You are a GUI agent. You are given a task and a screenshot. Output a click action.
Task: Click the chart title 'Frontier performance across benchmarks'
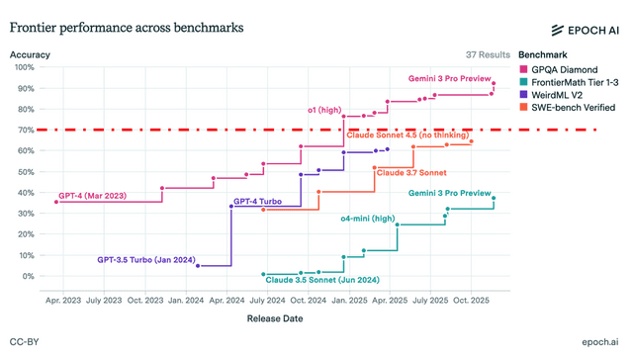pos(127,28)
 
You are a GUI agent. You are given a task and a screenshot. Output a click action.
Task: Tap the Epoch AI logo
pos(585,31)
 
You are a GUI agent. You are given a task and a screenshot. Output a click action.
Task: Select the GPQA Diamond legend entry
pos(559,69)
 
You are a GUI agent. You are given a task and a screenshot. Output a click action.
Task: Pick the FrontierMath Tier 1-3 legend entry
pos(570,82)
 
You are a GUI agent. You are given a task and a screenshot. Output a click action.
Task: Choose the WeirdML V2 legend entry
pos(551,95)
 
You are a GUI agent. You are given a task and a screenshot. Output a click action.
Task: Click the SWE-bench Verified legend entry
pos(568,108)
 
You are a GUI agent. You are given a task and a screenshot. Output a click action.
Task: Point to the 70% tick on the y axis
pos(26,130)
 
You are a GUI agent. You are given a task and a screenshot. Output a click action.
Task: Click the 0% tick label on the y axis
pos(29,276)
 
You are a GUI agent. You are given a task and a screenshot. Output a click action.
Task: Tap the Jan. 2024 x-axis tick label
pos(186,301)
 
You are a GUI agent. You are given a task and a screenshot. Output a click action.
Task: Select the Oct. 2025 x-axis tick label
pos(471,301)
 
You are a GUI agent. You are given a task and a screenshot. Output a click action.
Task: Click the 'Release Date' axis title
pos(275,318)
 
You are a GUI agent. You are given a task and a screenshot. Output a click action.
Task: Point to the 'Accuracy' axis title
pos(30,54)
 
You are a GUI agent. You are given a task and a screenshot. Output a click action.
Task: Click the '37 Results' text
pos(488,54)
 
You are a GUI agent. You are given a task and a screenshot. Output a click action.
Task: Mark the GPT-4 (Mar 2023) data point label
pos(92,196)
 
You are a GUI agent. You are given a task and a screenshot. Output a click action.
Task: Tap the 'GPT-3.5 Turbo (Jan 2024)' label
pos(146,260)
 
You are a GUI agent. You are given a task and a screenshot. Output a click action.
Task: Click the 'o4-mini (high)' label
pos(368,219)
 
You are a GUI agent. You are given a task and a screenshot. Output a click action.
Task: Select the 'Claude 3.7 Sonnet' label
pos(411,173)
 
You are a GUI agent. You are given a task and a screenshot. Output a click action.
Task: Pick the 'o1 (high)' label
pos(324,110)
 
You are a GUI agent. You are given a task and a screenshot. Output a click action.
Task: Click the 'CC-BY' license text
pos(24,342)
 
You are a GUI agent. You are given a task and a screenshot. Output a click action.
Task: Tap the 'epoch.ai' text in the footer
pos(600,342)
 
